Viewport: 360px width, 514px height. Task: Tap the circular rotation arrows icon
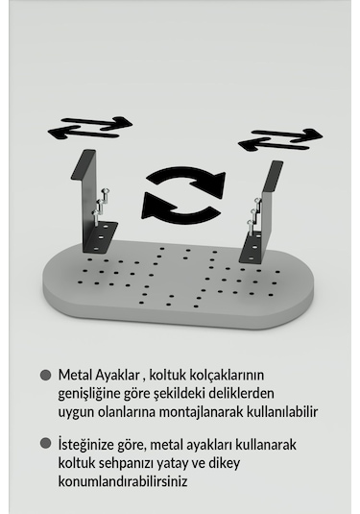point(183,192)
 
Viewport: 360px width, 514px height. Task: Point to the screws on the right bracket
point(254,217)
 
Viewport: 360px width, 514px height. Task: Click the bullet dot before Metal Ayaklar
point(45,375)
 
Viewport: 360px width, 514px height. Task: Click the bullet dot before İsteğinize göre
point(45,444)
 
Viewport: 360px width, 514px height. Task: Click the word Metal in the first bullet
point(76,375)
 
